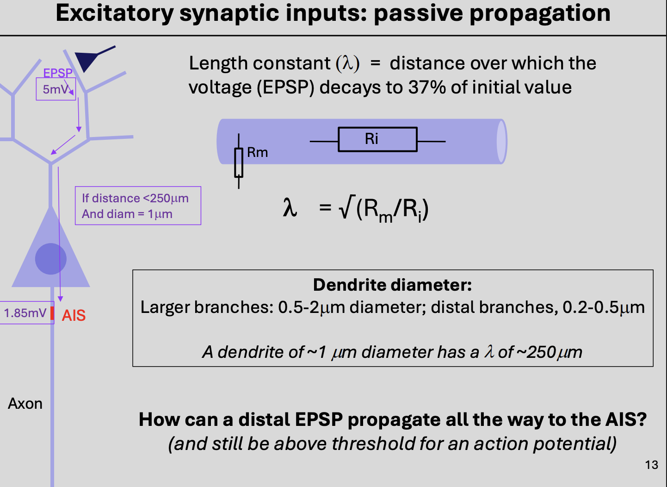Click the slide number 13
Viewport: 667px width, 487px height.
[651, 465]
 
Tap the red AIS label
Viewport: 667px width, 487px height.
[74, 315]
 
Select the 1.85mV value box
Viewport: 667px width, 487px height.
[25, 313]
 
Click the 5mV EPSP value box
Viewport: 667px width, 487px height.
[56, 89]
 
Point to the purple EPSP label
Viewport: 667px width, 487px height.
[58, 73]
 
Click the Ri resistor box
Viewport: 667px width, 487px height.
[377, 139]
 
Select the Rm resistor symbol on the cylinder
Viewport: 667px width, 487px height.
[239, 162]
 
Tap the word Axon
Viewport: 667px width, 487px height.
[25, 404]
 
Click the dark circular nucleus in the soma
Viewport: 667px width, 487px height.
[51, 259]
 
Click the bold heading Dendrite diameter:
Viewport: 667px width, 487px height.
[392, 285]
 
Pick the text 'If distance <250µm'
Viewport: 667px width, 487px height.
[135, 198]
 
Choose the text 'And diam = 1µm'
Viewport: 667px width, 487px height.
[127, 214]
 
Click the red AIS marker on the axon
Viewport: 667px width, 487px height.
[52, 313]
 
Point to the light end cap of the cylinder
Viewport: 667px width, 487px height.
[501, 142]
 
